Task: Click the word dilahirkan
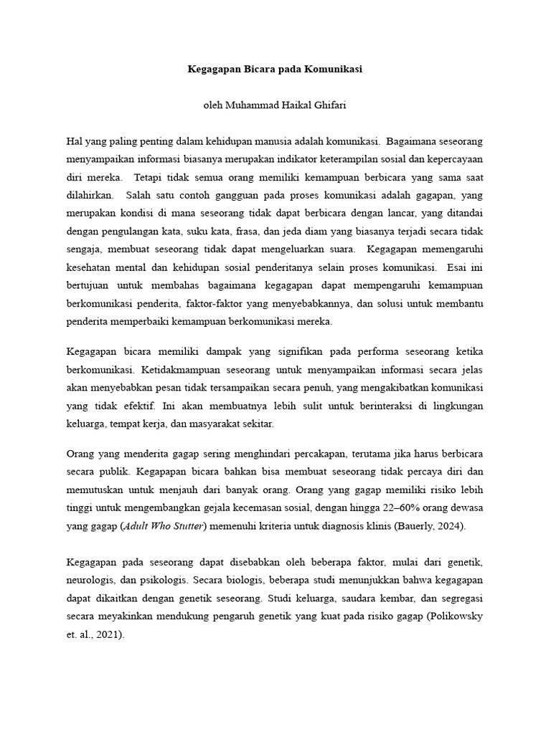(89, 195)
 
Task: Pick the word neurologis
(90, 578)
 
